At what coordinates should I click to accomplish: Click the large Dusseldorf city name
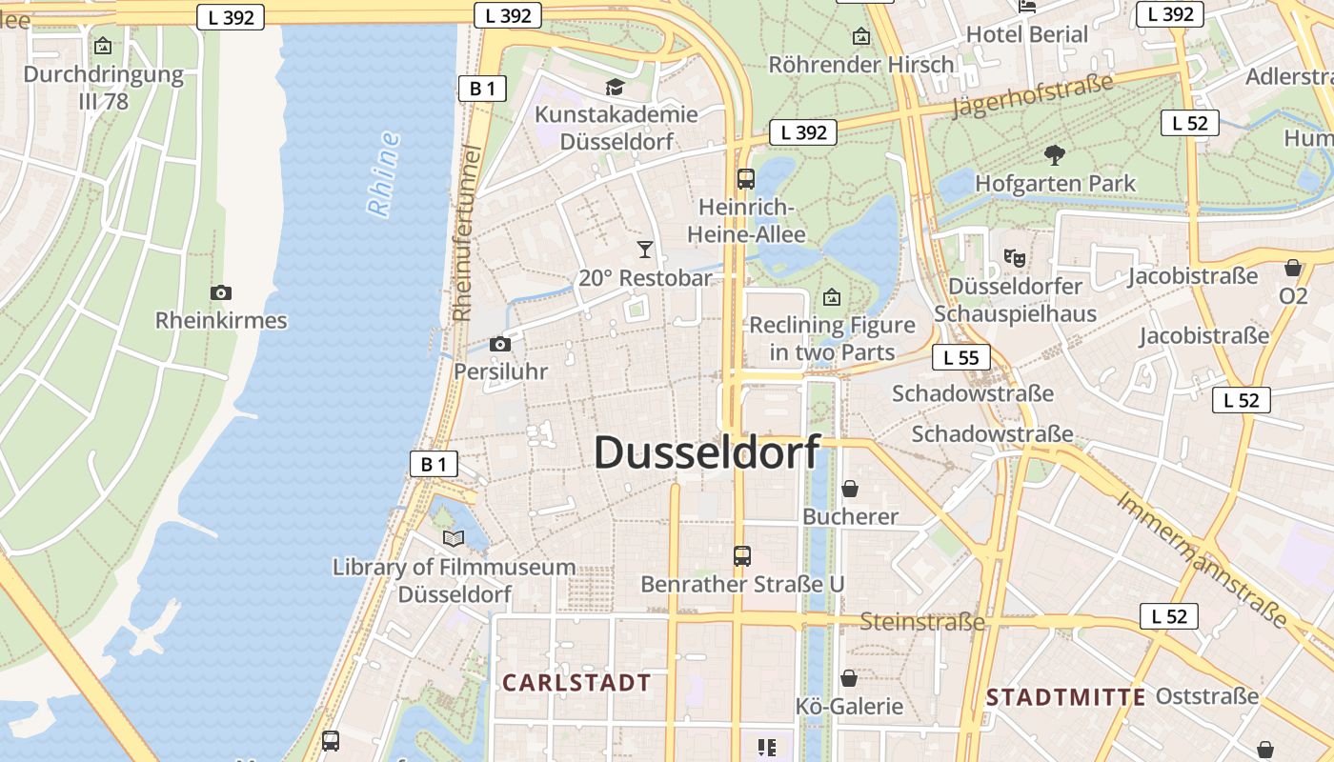pos(706,452)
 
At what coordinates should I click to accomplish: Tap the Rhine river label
pos(383,175)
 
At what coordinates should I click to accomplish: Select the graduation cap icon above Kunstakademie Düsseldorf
pos(616,88)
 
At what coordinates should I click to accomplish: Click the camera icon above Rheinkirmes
pos(221,293)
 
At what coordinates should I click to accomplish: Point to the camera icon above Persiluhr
pos(500,345)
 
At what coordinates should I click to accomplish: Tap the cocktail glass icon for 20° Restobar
pos(645,251)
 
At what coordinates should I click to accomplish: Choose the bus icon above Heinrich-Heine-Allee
pos(746,178)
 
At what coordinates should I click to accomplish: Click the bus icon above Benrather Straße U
pos(742,555)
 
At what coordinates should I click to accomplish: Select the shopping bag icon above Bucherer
pos(850,489)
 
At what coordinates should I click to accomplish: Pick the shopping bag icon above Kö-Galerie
pos(849,678)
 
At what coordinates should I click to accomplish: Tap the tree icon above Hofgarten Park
pos(1055,154)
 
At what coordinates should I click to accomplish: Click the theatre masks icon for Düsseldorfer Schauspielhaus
pos(1015,257)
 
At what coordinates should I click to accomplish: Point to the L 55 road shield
pos(961,358)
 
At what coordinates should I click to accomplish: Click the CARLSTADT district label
pos(576,683)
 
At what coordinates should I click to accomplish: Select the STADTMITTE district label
pos(1065,697)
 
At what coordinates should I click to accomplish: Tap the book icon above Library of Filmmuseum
pos(454,539)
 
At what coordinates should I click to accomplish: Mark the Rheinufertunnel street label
pos(464,233)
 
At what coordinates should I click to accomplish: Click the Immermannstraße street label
pos(1202,559)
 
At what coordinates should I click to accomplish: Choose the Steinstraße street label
pos(922,623)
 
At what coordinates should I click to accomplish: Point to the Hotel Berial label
pos(1027,35)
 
